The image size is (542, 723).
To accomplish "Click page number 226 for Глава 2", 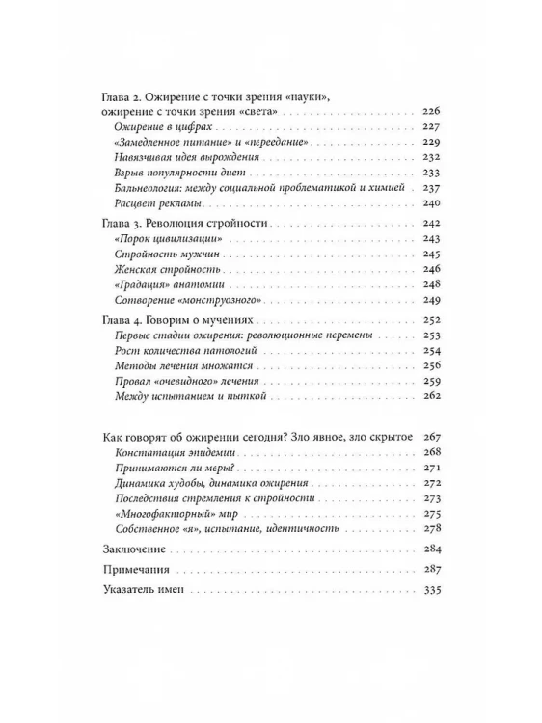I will (430, 114).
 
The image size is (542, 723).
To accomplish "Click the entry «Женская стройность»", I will (159, 269).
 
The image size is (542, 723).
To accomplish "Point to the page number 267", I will (430, 437).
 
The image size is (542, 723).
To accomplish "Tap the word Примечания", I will (137, 571).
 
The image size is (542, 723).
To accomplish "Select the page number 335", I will (430, 591).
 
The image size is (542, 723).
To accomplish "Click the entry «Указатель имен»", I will (144, 591).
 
